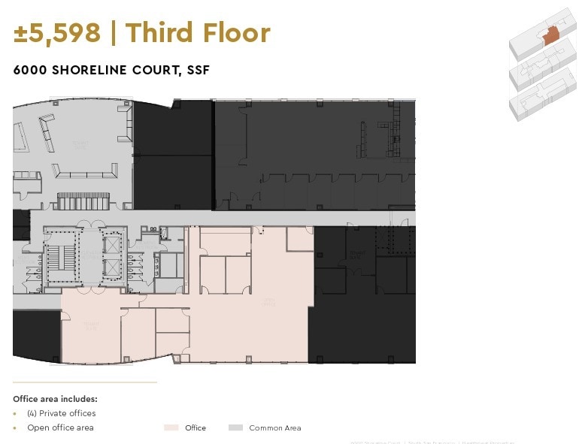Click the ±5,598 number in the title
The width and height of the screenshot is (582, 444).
click(x=57, y=33)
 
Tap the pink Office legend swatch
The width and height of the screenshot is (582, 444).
click(x=171, y=427)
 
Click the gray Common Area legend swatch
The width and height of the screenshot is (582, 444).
click(x=235, y=427)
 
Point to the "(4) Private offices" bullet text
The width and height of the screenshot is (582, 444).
click(x=61, y=413)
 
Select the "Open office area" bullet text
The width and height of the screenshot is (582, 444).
click(x=60, y=427)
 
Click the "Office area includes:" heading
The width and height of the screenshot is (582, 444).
click(x=55, y=399)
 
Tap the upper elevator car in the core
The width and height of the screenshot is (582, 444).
click(x=112, y=245)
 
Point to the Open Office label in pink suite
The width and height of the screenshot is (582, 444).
click(x=268, y=302)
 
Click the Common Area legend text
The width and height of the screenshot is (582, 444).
click(x=275, y=427)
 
